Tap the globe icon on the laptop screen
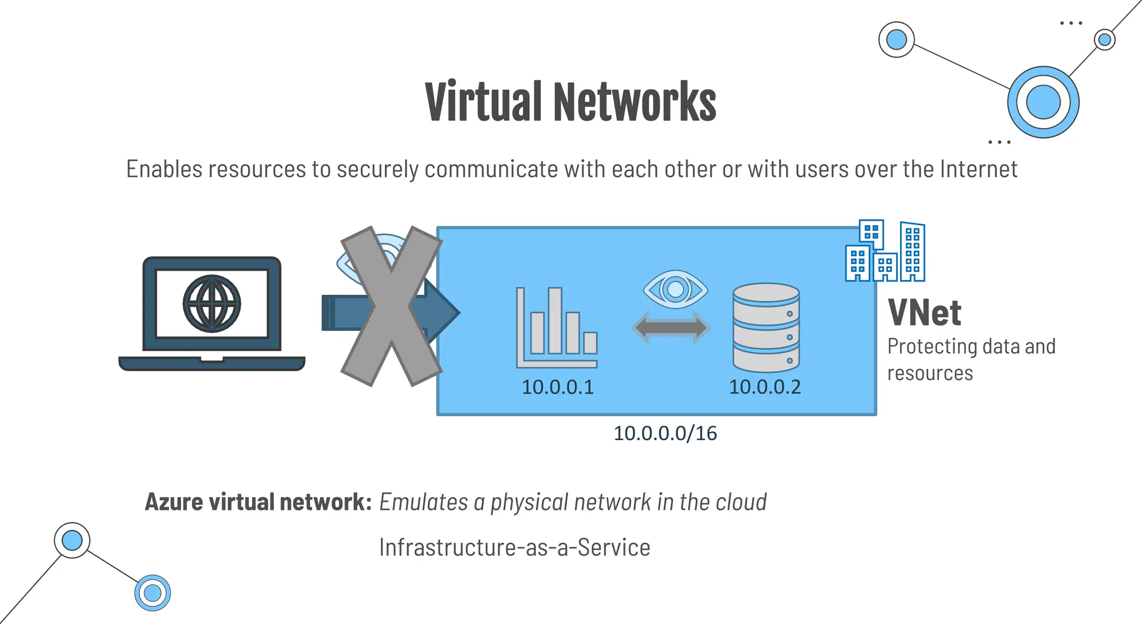click(212, 304)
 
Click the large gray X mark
click(391, 306)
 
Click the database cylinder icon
click(766, 327)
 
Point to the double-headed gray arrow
click(671, 327)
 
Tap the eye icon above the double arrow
click(675, 289)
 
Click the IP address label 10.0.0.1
click(558, 387)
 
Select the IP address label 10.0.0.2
click(764, 387)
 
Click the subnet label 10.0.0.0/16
click(665, 433)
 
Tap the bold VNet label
click(924, 313)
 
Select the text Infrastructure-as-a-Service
click(514, 547)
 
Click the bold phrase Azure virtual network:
click(258, 502)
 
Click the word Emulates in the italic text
click(423, 502)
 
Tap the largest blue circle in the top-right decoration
click(1043, 102)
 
